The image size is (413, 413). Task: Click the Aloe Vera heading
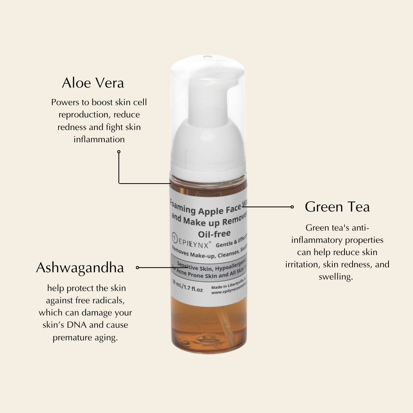[x=93, y=83]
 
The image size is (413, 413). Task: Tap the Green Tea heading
[x=337, y=207]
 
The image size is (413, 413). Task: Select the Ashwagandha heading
[x=80, y=268]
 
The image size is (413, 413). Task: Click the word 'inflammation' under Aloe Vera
[x=99, y=140]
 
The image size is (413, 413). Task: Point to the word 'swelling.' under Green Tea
[x=336, y=277]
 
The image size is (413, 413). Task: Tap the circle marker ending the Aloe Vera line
[x=119, y=152]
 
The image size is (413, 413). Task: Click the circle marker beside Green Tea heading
[x=292, y=207]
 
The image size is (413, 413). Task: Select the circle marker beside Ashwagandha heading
[x=137, y=268]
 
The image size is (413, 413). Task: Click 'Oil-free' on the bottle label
[x=214, y=233]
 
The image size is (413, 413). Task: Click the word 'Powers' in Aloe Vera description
[x=64, y=102]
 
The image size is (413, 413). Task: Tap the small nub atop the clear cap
[x=208, y=57]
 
